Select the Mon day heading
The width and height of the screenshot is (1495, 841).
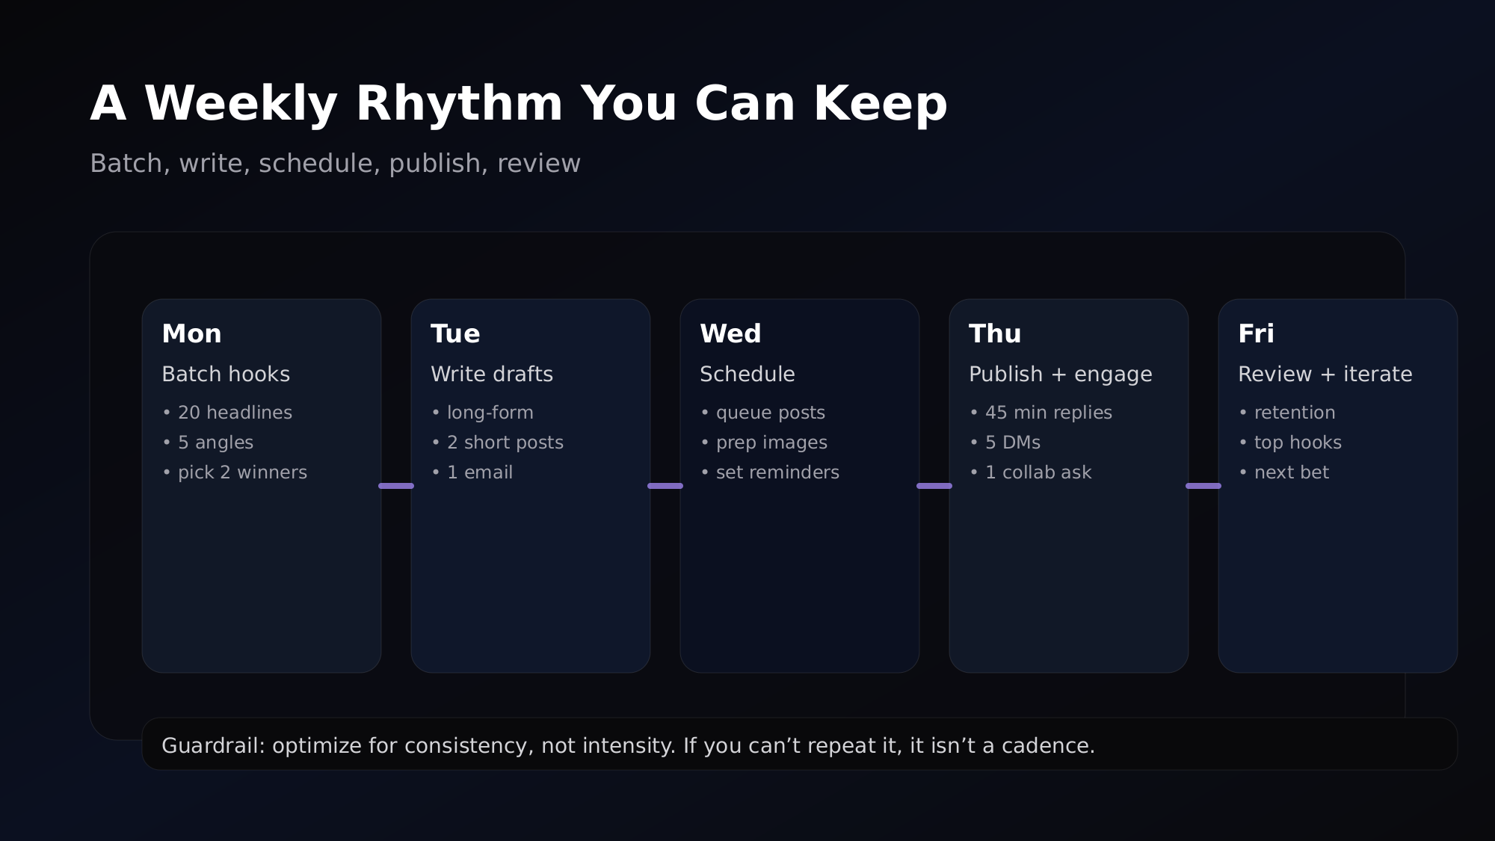[191, 333]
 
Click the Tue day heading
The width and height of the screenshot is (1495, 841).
[455, 333]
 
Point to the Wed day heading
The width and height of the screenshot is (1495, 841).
[730, 333]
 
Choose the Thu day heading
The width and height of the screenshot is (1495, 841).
[994, 333]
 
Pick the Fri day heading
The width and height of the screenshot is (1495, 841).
[1256, 333]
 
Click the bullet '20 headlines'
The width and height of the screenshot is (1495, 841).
[235, 413]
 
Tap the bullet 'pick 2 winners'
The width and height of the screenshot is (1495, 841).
[242, 472]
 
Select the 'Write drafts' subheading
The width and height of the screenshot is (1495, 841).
[492, 374]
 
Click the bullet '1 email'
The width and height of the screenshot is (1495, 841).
[479, 472]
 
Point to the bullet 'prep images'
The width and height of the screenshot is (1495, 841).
[771, 443]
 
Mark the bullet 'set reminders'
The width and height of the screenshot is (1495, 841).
[777, 472]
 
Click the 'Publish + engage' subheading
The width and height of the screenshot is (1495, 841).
[1060, 374]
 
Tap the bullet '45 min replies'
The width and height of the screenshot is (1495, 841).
[1048, 413]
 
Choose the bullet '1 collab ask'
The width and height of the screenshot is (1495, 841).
[1038, 472]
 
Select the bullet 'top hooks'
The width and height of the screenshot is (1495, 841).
[1298, 443]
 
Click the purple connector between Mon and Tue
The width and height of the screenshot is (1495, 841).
[396, 486]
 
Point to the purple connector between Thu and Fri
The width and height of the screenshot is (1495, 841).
[1203, 486]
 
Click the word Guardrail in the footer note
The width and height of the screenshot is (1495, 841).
[213, 746]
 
